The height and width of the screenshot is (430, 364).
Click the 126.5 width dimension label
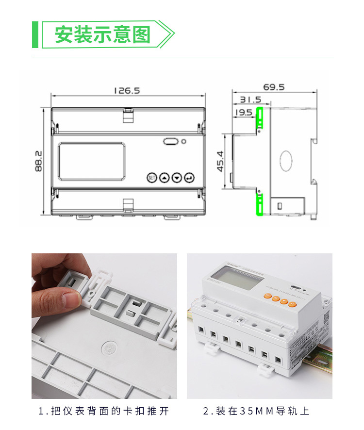click(127, 91)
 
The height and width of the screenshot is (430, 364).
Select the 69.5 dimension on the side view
click(274, 87)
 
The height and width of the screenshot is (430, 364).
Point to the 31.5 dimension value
click(251, 100)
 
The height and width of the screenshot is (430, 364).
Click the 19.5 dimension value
click(243, 113)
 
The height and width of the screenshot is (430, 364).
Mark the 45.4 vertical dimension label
click(220, 161)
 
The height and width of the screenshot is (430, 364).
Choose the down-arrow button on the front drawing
click(176, 178)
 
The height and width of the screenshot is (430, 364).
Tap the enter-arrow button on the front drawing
click(188, 178)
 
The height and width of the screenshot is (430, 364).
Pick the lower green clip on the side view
click(260, 204)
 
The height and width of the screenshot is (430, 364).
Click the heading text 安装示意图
click(102, 35)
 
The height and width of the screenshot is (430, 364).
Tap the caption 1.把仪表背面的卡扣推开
click(104, 412)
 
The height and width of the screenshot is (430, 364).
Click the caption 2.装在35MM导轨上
click(256, 412)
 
